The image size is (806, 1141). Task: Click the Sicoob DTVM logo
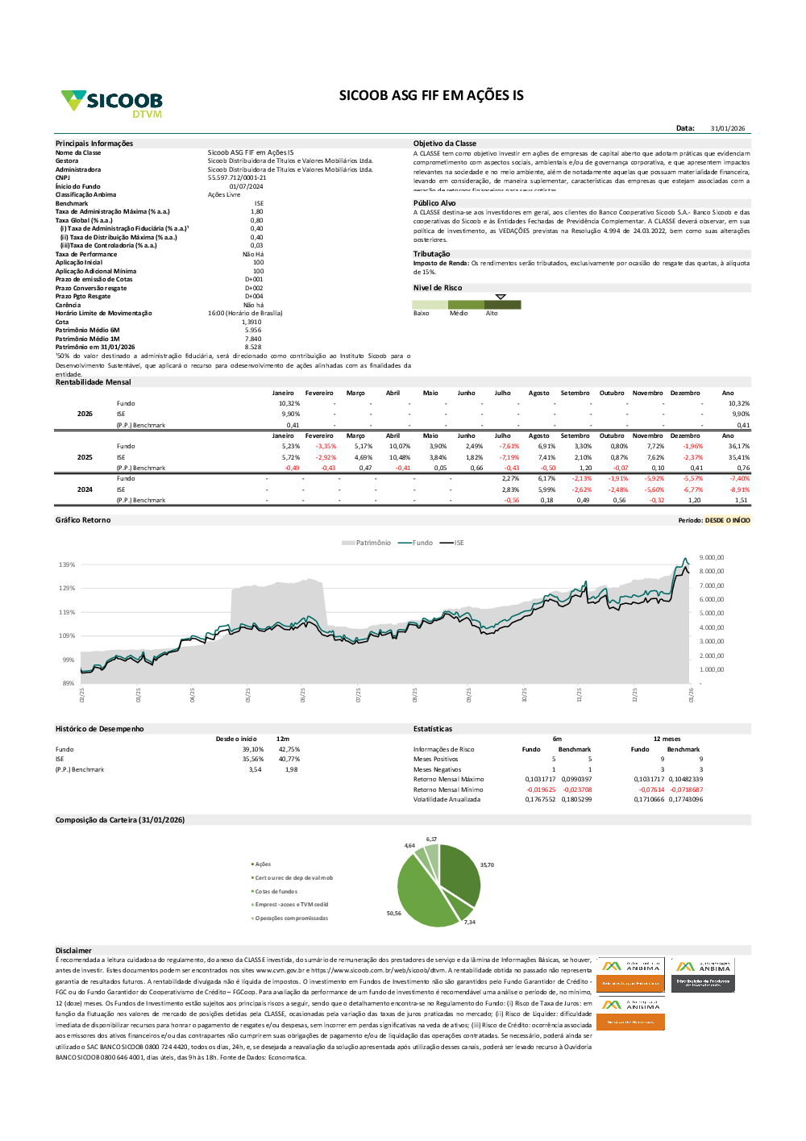pos(112,103)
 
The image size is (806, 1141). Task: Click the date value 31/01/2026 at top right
pos(728,128)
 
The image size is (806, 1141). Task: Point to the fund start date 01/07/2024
pos(246,186)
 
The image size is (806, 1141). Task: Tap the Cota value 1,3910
pos(251,322)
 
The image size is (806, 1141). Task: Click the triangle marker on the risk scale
pos(501,297)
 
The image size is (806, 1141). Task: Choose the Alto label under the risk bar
pos(492,313)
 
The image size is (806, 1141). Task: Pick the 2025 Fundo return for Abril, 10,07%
pos(400,446)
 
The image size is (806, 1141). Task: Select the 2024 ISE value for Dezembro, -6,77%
pos(693,489)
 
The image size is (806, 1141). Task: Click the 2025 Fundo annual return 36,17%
pos(738,446)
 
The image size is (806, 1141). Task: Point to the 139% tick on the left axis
pos(67,564)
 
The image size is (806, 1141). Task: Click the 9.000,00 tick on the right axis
pos(712,557)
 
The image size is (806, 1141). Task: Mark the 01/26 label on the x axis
pos(691,694)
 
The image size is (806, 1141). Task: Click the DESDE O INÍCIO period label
pos(727,520)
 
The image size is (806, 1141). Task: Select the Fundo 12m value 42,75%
pos(289,749)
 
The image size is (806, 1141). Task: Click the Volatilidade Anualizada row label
pos(447,799)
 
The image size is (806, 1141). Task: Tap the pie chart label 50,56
pos(394,914)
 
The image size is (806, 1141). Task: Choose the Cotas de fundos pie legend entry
pos(276,891)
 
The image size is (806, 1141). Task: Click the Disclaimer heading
pos(73,951)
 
